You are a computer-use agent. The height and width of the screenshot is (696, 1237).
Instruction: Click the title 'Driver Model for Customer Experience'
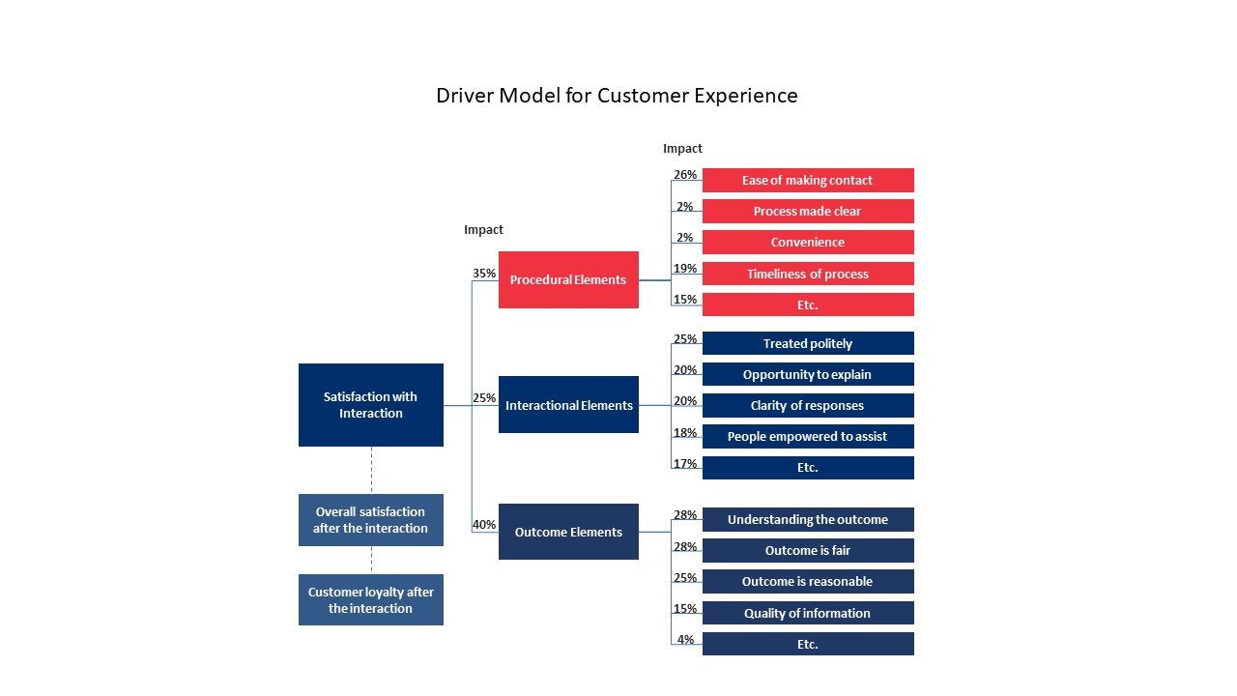click(617, 96)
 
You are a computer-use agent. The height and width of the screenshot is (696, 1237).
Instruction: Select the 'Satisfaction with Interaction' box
click(371, 405)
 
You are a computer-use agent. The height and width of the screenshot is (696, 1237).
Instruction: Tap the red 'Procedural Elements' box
click(568, 280)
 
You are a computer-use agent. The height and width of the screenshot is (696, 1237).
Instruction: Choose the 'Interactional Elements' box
click(568, 405)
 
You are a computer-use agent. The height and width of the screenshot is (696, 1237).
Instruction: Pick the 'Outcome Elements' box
click(568, 532)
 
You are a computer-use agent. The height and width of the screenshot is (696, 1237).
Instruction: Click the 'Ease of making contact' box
click(808, 181)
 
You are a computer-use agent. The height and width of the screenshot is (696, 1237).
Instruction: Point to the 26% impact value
click(685, 175)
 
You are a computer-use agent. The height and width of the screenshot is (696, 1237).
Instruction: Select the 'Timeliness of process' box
click(808, 274)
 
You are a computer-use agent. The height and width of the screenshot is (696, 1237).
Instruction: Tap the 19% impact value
click(685, 269)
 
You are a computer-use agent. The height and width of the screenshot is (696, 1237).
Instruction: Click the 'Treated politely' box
click(808, 343)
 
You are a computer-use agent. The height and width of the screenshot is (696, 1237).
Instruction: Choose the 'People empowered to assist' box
click(808, 436)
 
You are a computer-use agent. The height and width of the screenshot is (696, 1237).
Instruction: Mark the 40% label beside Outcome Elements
click(484, 525)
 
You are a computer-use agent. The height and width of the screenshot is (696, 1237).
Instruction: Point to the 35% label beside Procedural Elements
click(484, 274)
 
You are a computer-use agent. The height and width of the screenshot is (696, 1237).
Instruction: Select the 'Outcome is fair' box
click(808, 550)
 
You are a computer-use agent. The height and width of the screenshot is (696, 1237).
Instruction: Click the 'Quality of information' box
click(808, 613)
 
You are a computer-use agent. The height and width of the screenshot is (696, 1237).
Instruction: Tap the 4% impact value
click(685, 640)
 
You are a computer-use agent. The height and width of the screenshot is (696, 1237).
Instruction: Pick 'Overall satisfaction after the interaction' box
click(371, 520)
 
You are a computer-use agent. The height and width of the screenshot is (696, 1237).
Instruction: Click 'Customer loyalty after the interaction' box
click(371, 600)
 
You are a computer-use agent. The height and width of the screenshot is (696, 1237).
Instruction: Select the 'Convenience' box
click(808, 243)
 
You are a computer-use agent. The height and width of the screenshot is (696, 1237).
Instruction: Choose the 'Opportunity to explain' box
click(808, 374)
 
